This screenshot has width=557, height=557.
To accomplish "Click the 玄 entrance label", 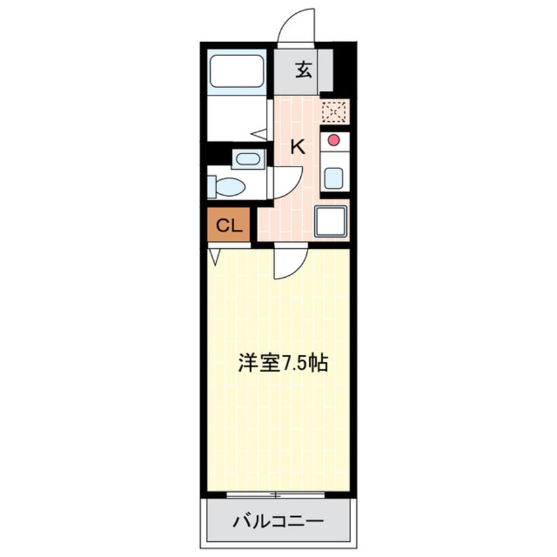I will [303, 70].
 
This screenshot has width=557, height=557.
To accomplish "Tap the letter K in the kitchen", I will [298, 147].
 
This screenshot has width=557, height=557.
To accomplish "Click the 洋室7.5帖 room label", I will [283, 364].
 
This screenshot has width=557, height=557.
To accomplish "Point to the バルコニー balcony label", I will [278, 523].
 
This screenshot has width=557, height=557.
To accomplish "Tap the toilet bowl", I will [227, 187].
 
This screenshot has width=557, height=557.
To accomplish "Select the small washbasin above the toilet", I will [248, 159].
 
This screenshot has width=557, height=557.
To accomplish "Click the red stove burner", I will [334, 140].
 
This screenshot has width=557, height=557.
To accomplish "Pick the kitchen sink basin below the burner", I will [334, 176].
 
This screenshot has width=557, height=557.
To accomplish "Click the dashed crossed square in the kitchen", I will [334, 112].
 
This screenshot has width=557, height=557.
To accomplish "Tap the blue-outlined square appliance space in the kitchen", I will [331, 222].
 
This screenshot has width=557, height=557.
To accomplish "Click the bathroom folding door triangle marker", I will [259, 134].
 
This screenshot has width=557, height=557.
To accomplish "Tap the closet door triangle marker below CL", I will [214, 255].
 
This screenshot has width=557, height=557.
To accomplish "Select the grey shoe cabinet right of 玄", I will [325, 70].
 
